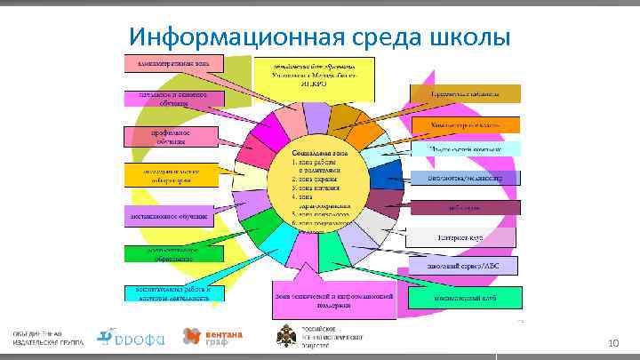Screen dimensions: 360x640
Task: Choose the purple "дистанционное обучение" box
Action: pos(170,216)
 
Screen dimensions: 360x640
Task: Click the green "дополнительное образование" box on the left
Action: pos(170,253)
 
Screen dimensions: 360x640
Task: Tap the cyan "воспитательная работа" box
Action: pos(170,294)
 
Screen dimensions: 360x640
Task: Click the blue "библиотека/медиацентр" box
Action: pos(463,178)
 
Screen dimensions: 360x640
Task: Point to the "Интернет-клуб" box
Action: pos(462,237)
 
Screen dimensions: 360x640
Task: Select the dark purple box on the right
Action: pos(463,208)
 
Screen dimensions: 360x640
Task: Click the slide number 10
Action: pos(612,342)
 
